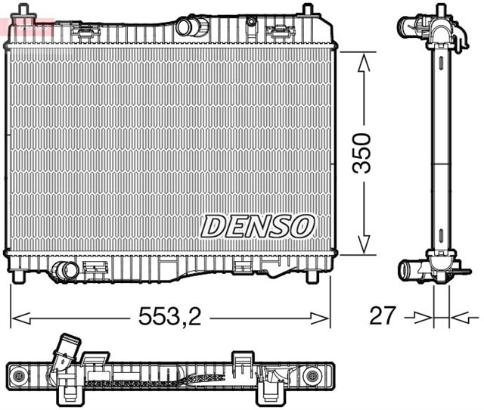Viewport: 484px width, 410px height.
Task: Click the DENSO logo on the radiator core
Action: point(257,225)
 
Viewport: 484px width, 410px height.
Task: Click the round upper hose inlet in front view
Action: point(185,26)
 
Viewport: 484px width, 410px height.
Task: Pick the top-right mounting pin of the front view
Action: point(307,10)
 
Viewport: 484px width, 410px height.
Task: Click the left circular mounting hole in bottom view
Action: point(18,375)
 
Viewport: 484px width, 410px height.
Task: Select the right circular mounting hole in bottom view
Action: point(310,375)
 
